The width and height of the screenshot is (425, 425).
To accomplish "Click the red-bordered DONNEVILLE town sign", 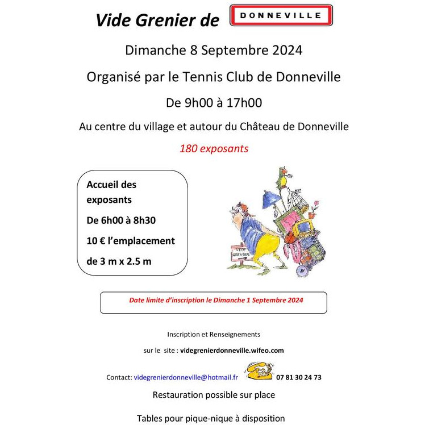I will (x=281, y=16).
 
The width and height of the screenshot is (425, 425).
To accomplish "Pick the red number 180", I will (x=189, y=149).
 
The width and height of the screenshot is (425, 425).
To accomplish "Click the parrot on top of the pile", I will (x=280, y=177).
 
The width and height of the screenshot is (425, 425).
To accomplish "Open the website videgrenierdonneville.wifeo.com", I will (x=232, y=351).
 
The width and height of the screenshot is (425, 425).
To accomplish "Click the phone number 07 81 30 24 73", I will (x=299, y=377).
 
